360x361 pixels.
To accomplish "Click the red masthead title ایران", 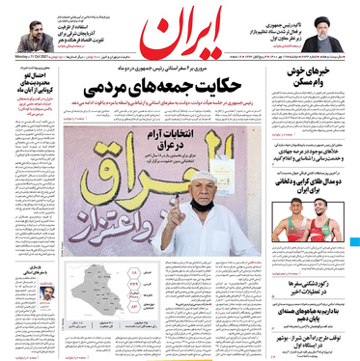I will [180, 33].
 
